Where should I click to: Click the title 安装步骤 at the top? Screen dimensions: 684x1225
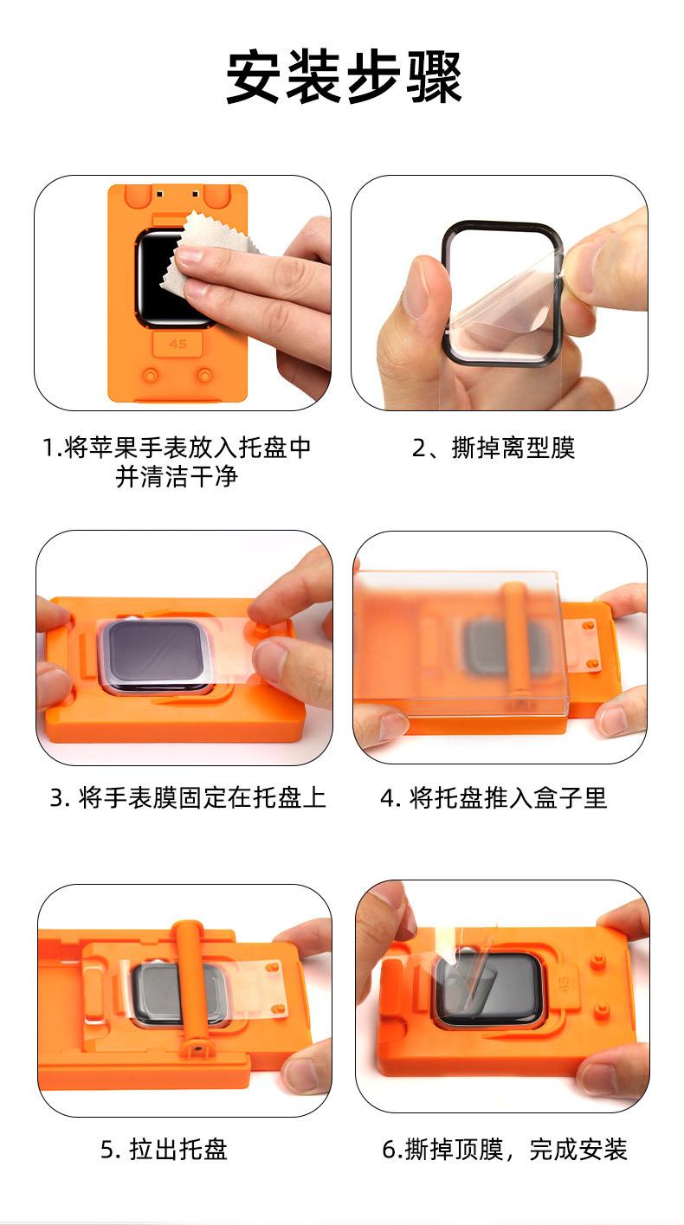pyautogui.click(x=345, y=76)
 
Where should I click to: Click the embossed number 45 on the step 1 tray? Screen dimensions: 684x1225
pyautogui.click(x=177, y=344)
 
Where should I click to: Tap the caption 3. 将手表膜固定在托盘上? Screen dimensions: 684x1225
pyautogui.click(x=188, y=798)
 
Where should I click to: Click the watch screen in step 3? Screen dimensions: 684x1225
pyautogui.click(x=154, y=655)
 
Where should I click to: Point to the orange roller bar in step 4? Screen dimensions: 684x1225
pyautogui.click(x=515, y=640)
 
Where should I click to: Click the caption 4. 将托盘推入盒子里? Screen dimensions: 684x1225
pyautogui.click(x=494, y=798)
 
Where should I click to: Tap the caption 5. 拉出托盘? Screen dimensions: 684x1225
pyautogui.click(x=164, y=1149)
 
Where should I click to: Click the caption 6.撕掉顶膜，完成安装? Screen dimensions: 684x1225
pyautogui.click(x=504, y=1149)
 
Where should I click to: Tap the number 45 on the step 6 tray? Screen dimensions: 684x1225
pyautogui.click(x=565, y=985)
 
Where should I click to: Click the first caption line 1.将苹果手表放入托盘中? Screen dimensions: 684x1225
pyautogui.click(x=177, y=448)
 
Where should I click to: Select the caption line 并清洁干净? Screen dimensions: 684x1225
pyautogui.click(x=177, y=476)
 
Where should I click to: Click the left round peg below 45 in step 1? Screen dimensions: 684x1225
pyautogui.click(x=150, y=375)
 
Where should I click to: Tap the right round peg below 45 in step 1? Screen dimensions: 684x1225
pyautogui.click(x=204, y=375)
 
